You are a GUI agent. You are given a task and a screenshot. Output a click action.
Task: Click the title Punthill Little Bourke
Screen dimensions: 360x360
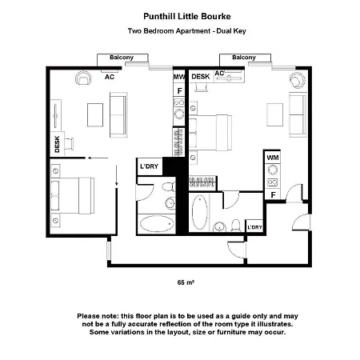(x=187, y=17)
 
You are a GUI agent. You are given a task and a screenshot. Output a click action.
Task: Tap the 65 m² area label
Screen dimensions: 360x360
(x=186, y=282)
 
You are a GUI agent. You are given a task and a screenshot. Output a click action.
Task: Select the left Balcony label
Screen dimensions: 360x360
(x=122, y=58)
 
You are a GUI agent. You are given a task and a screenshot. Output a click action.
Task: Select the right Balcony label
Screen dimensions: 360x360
(x=244, y=58)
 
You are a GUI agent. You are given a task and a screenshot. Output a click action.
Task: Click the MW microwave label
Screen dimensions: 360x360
(x=179, y=77)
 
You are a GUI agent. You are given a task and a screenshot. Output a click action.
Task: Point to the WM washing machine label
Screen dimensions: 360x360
(x=273, y=158)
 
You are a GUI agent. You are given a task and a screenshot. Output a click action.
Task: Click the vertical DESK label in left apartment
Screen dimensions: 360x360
(x=57, y=144)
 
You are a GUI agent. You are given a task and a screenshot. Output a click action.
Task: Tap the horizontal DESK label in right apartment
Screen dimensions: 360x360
(x=201, y=77)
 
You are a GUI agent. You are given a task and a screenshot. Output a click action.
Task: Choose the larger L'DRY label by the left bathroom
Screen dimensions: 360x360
(x=150, y=166)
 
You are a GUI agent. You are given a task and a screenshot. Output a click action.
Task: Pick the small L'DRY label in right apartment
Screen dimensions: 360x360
(x=255, y=227)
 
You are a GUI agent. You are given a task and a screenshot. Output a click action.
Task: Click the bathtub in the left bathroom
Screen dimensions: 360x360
(x=157, y=224)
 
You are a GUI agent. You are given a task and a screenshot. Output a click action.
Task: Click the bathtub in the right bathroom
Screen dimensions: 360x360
(x=199, y=213)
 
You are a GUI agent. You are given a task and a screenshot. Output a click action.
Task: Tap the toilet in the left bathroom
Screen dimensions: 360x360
(x=169, y=186)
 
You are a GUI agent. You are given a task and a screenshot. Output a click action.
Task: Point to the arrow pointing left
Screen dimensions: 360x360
(x=98, y=158)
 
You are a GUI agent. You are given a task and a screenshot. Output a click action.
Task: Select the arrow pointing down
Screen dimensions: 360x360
(x=117, y=175)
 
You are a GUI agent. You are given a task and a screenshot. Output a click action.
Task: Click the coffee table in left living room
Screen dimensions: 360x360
(x=95, y=115)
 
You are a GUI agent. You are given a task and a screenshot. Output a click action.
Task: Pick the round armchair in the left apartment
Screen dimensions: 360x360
(x=83, y=78)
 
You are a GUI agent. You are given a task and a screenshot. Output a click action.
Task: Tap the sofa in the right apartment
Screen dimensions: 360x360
(x=298, y=115)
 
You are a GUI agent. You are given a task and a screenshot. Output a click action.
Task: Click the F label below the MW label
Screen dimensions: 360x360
(x=180, y=91)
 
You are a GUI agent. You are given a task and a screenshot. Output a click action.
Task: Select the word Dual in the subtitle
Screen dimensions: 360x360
(x=224, y=31)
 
